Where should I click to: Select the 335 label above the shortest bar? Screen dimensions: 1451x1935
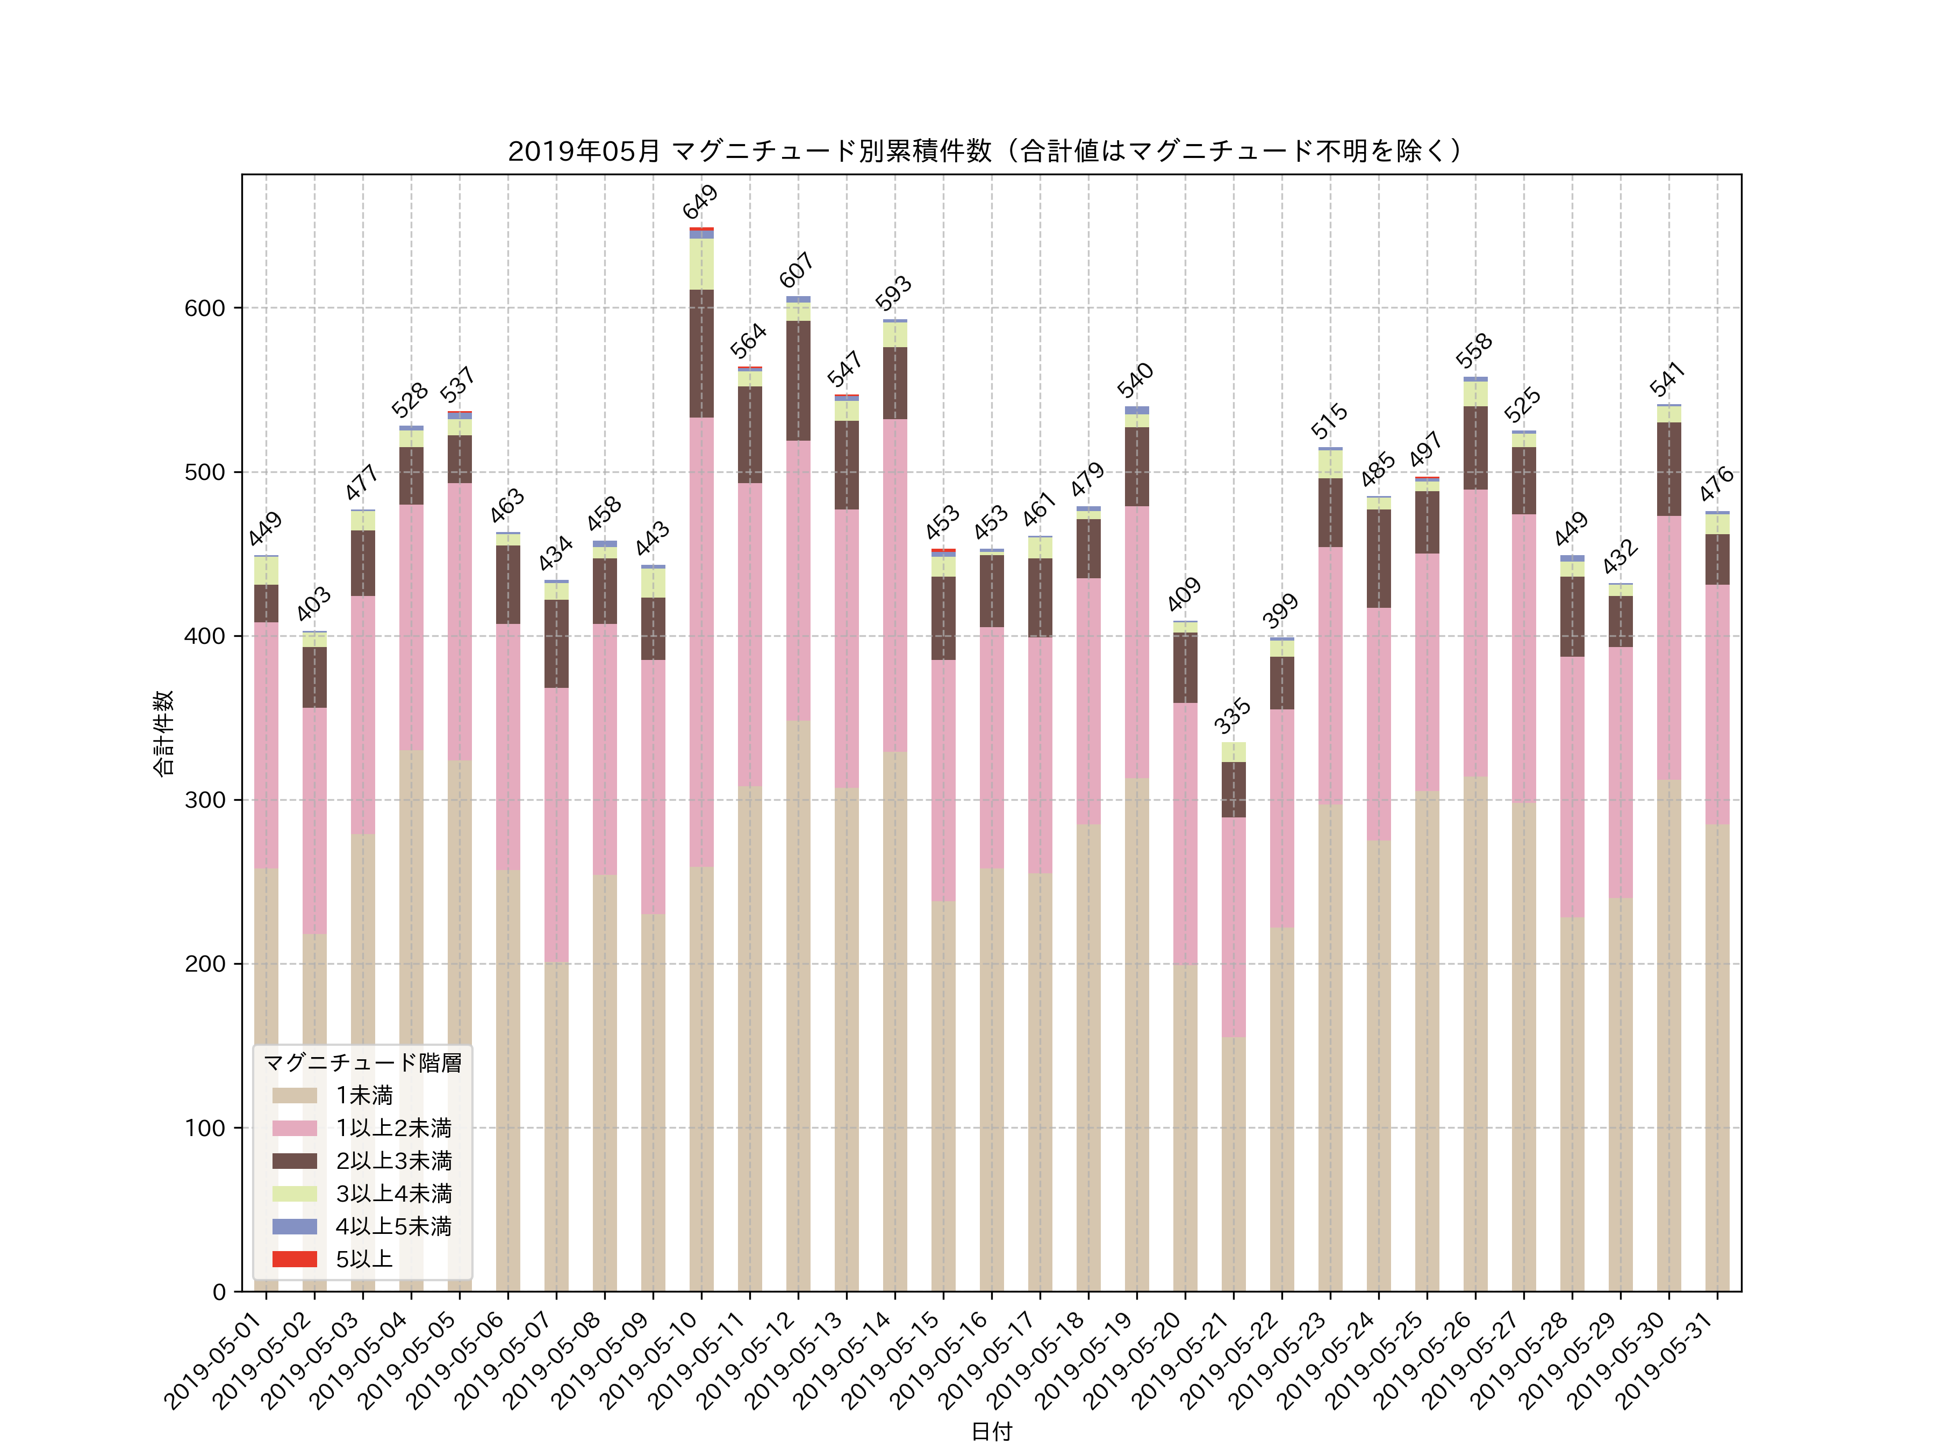(1232, 716)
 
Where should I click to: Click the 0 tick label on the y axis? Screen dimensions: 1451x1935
(219, 1292)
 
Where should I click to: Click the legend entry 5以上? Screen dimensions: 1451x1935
(364, 1260)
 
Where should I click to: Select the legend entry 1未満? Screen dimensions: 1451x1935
(364, 1095)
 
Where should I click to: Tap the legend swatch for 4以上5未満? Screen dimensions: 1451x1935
(294, 1226)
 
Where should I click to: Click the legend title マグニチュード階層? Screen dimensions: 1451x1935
(362, 1062)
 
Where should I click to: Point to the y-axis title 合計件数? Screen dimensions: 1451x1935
(163, 733)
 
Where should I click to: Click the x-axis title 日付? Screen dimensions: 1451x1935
(991, 1431)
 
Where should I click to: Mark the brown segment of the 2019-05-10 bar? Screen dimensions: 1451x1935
(701, 354)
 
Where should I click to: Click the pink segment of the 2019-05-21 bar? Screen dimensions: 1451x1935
(1234, 927)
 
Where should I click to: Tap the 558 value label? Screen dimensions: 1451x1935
(1474, 351)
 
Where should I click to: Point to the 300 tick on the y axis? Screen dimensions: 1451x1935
(205, 800)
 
